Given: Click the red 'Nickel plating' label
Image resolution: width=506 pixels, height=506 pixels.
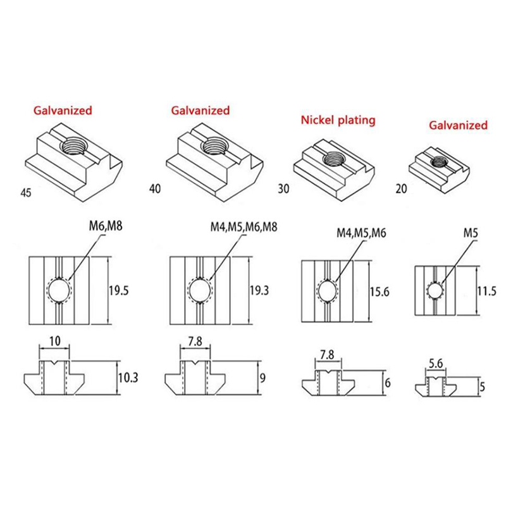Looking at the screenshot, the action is (338, 120).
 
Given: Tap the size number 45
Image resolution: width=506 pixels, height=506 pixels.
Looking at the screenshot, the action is (26, 193).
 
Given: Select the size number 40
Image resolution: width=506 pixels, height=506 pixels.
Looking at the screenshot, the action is (155, 188).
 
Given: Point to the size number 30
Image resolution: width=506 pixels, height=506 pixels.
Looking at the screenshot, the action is (283, 188).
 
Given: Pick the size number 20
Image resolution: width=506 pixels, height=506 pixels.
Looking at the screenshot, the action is (402, 188).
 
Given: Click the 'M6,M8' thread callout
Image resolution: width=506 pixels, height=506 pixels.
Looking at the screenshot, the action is (106, 226).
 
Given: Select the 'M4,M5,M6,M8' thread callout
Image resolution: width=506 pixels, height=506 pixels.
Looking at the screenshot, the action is (244, 227).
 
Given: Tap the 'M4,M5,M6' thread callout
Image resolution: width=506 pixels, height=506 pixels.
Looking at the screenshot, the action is (361, 233).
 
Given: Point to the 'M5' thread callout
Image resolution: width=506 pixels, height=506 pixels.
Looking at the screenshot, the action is (471, 233).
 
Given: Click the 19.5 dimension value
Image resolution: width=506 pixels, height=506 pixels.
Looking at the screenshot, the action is (118, 291).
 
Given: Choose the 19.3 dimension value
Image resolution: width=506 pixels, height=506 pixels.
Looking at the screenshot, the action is (259, 290).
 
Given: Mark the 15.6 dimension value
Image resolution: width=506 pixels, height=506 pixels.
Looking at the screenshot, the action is (379, 292).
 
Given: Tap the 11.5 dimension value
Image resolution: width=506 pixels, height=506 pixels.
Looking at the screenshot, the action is (487, 291).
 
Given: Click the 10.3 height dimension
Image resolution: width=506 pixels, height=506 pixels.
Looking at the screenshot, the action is (128, 377).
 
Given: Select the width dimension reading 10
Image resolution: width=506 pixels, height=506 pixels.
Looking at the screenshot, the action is (55, 341).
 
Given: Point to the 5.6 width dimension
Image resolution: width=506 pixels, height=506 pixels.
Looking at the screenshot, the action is (436, 364).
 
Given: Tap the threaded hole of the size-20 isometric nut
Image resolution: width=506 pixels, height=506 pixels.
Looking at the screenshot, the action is (440, 161).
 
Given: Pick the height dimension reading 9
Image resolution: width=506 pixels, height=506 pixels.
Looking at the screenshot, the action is (262, 378).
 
